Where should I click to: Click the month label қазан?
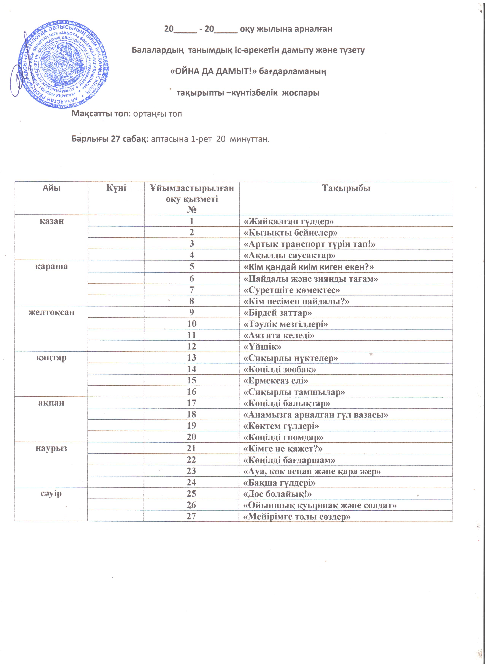point(52,221)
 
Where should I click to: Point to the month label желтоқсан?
point(52,312)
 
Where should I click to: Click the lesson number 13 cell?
point(192,358)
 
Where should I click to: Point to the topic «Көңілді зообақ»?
point(280,369)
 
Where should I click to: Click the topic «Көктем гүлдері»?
point(281,426)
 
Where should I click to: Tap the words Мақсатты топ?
point(100,114)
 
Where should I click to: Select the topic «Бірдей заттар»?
point(278,313)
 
